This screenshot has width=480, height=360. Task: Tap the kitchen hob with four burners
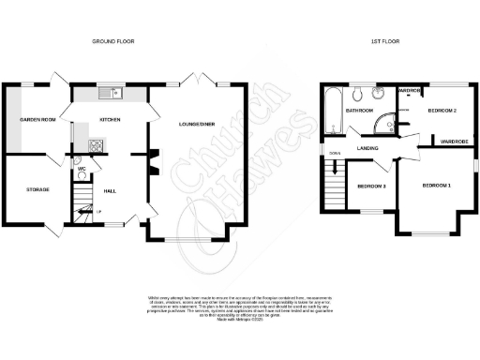[95, 144]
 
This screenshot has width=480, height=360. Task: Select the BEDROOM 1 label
[436, 186]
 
